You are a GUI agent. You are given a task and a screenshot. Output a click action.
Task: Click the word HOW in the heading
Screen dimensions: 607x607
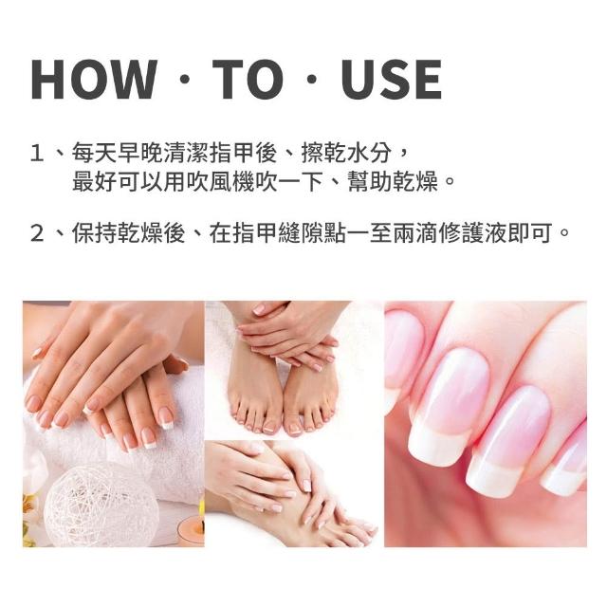94,80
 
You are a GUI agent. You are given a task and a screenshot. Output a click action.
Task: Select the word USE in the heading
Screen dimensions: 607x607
392,80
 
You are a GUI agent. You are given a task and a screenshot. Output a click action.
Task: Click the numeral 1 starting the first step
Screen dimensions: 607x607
37,153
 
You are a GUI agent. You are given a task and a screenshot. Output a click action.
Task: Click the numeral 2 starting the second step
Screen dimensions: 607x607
37,233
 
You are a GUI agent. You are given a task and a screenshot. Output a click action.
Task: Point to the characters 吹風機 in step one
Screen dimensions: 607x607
220,181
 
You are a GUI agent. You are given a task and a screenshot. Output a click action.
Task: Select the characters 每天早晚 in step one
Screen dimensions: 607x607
118,153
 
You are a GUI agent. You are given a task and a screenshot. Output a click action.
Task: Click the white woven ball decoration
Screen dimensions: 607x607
101,506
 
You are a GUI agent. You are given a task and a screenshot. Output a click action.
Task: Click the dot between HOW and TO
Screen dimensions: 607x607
185,80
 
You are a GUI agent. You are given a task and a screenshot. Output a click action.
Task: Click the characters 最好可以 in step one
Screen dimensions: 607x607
118,181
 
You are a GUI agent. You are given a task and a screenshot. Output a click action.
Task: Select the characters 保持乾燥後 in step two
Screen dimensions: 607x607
129,233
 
